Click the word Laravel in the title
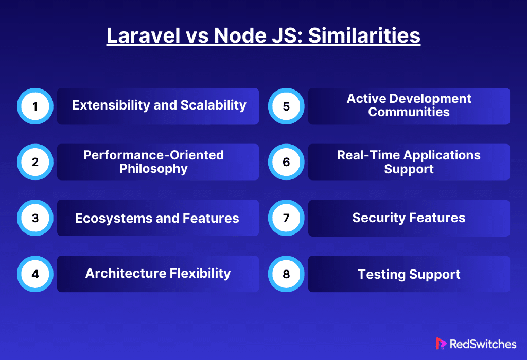(x=144, y=35)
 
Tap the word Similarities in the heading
(x=364, y=35)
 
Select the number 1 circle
(x=35, y=106)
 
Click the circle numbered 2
(x=35, y=162)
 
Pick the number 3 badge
(x=35, y=218)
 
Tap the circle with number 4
(x=35, y=274)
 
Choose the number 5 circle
(x=286, y=106)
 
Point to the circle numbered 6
(x=286, y=162)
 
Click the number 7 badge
(x=286, y=218)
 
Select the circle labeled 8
(x=286, y=274)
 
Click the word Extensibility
(x=111, y=105)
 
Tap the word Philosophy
(x=153, y=169)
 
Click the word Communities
(x=409, y=112)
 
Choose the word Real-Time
(x=368, y=155)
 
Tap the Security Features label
(x=409, y=218)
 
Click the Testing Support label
(x=409, y=274)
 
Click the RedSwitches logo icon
(x=441, y=344)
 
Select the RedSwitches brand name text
(x=483, y=344)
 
